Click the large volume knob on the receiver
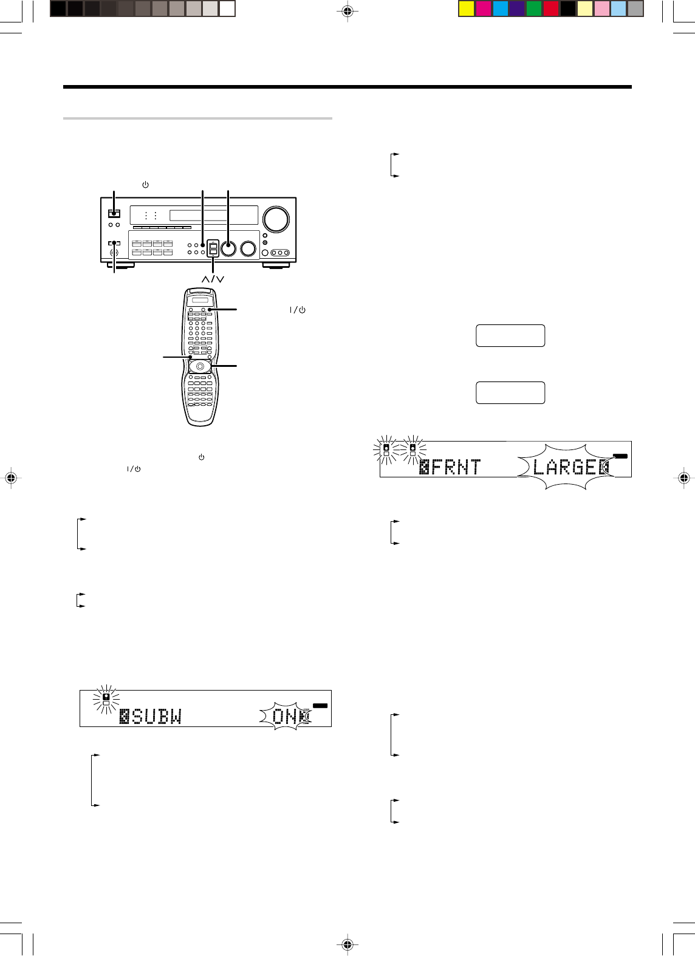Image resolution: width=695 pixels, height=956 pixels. pos(276,219)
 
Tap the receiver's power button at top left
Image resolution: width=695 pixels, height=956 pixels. pos(114,213)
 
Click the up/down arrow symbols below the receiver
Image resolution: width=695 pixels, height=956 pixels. pos(213,279)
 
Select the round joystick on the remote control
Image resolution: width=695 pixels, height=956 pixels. pos(200,367)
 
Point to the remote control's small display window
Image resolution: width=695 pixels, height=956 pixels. pos(200,300)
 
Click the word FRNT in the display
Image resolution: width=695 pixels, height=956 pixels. pos(456,467)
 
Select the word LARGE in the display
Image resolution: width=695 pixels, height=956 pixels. pos(565,468)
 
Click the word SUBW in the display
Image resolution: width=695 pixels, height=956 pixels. pos(156,717)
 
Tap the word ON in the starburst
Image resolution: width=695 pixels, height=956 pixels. pos(284,717)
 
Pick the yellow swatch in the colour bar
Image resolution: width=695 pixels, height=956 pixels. pos(467,9)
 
